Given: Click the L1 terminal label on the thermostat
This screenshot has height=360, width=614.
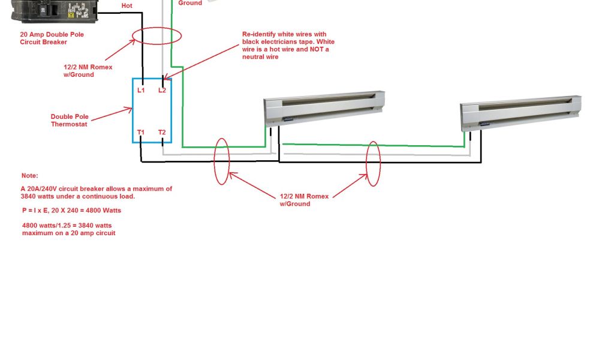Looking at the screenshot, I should tap(141, 90).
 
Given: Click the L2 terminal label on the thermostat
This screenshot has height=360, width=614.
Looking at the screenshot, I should tap(162, 90).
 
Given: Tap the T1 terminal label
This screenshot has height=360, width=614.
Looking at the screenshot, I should tap(141, 132).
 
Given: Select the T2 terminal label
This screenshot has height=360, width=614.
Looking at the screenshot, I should tap(162, 132).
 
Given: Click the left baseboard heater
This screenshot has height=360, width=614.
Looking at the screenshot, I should tap(324, 109).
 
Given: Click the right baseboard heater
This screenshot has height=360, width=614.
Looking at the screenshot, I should tap(520, 113).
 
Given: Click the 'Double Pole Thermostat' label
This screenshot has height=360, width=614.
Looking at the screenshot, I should tap(69, 121).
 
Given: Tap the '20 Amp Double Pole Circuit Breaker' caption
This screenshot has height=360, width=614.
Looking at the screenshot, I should tap(52, 38).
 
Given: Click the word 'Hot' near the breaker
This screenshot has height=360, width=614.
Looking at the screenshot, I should tap(127, 5).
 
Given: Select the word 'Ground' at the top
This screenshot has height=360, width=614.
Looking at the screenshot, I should tap(190, 3).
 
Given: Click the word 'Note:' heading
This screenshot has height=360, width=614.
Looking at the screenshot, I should tap(29, 176).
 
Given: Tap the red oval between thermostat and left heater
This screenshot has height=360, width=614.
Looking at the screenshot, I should tap(221, 161).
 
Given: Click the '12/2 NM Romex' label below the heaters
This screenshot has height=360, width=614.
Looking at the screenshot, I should tap(303, 200).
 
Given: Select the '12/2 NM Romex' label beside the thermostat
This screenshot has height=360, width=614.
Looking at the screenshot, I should tap(88, 71).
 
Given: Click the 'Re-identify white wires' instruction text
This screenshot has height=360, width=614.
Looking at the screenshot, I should tap(288, 46).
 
